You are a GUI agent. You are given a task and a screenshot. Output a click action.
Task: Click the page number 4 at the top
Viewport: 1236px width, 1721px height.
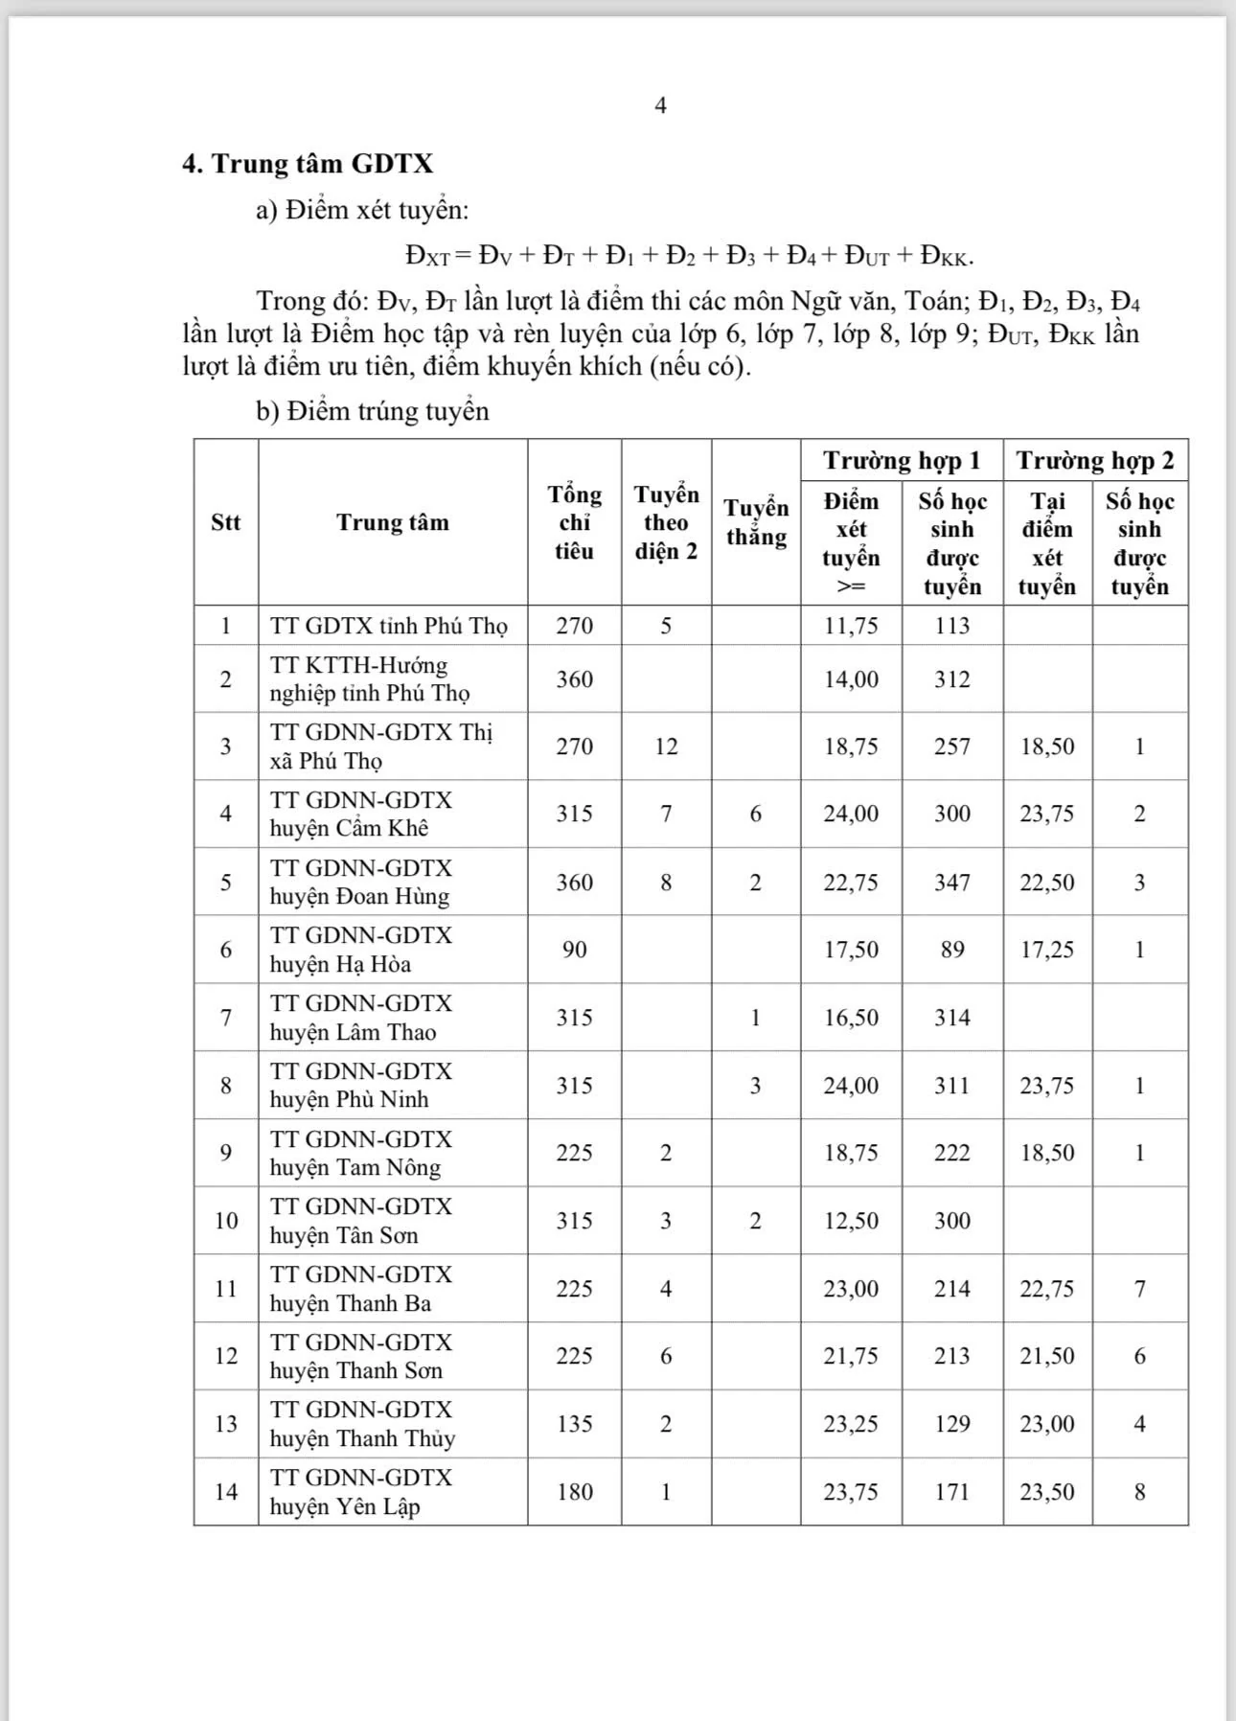click(x=660, y=105)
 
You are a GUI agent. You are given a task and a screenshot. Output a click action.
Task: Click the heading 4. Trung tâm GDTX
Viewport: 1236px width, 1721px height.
click(x=308, y=164)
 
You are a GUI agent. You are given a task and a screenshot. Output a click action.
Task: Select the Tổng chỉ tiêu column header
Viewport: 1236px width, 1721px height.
click(x=574, y=522)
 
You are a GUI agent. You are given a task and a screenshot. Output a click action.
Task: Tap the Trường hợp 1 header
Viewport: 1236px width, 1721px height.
click(x=902, y=461)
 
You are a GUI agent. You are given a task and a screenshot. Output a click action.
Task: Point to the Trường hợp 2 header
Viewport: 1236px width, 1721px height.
click(x=1095, y=461)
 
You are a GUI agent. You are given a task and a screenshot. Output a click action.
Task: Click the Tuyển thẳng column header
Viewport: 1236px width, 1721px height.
click(x=756, y=522)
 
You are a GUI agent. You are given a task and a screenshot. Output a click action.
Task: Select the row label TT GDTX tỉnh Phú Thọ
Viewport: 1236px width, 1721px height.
click(x=388, y=626)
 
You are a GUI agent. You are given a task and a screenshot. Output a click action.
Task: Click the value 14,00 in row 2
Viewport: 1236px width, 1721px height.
click(x=851, y=679)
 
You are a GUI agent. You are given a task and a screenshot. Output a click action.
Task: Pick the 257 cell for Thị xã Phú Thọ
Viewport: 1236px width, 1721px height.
click(x=952, y=746)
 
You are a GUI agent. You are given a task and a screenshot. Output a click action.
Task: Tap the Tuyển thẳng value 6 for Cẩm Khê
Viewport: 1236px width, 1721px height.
click(x=756, y=814)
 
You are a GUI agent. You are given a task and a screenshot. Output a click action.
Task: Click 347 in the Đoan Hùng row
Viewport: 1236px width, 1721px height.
click(x=952, y=883)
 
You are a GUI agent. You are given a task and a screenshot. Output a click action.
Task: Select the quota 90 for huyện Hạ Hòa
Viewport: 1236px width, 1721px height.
click(x=574, y=950)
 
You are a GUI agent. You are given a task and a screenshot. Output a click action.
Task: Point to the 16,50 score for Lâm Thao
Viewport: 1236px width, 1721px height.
click(x=851, y=1018)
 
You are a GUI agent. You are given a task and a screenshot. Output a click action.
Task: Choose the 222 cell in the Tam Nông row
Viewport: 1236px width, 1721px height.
click(x=952, y=1153)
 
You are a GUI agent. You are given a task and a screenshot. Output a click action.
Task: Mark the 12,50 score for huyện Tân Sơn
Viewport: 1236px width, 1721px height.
click(x=851, y=1221)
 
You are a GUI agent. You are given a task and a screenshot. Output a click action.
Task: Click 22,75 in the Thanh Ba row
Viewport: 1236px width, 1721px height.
click(x=1047, y=1289)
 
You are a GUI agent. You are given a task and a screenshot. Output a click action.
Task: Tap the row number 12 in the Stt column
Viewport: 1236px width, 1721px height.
click(x=226, y=1356)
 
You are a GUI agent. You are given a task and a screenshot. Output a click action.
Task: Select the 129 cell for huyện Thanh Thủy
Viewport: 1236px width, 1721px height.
click(x=952, y=1424)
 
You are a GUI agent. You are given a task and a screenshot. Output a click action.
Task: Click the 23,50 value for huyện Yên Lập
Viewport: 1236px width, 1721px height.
click(x=1047, y=1492)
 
